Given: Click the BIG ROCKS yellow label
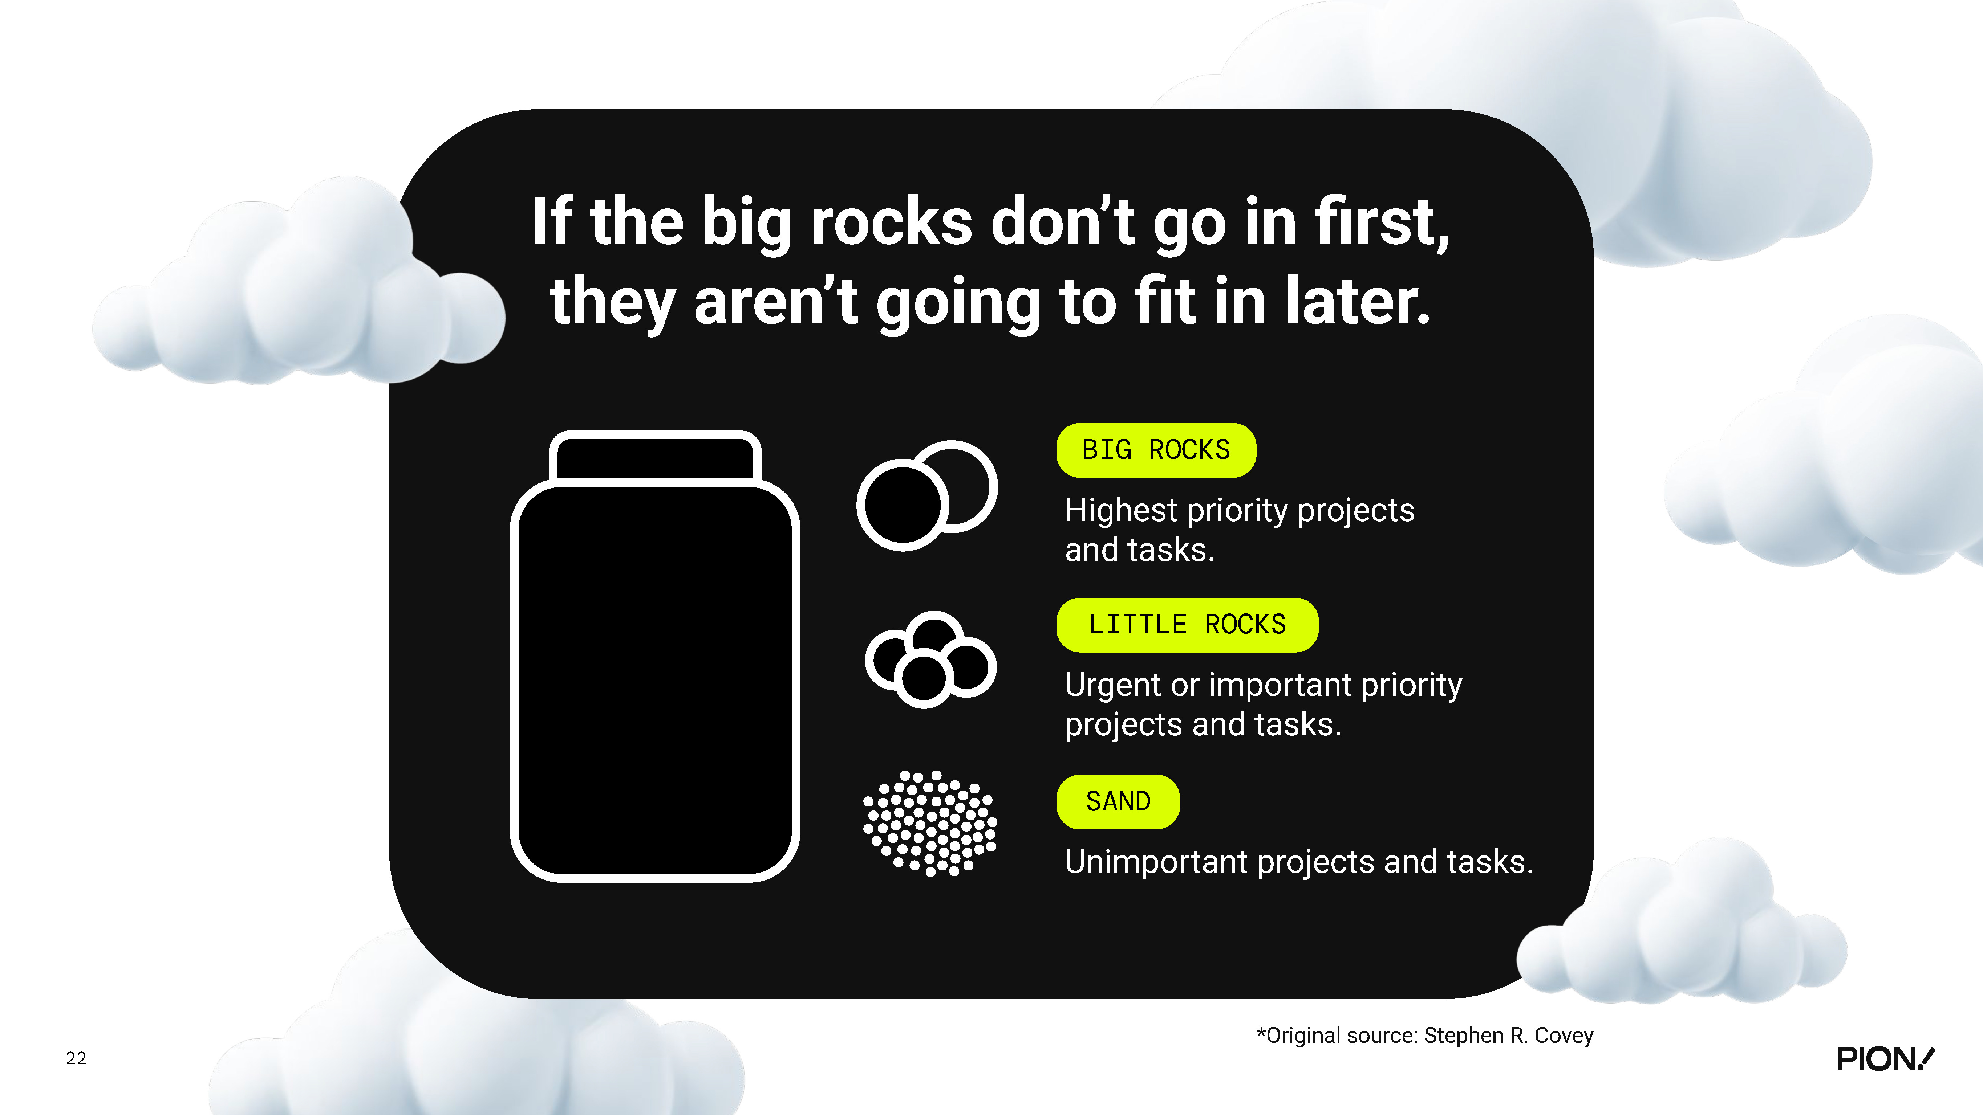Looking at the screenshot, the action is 1155,450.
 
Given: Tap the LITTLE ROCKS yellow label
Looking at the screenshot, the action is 1187,625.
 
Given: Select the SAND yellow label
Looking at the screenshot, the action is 1118,802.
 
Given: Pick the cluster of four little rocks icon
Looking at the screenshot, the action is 931,659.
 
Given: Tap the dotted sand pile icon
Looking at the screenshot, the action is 930,823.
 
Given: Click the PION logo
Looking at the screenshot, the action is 1885,1059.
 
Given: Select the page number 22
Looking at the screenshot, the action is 76,1058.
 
